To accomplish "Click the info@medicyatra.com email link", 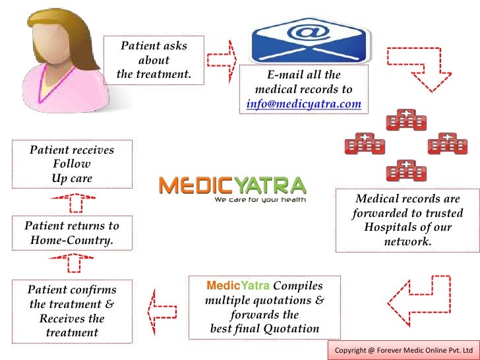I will [x=303, y=104].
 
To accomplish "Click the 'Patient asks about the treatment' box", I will [x=154, y=60].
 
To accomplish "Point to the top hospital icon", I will [x=406, y=121].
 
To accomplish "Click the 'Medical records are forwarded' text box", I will [x=407, y=221].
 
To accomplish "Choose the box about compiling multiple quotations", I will [x=264, y=307].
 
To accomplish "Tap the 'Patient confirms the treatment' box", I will [x=72, y=311].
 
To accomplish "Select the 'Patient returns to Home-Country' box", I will [x=72, y=233].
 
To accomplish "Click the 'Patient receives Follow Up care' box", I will [x=72, y=164].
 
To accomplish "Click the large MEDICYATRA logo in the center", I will [x=232, y=187].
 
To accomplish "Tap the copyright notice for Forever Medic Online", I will [x=404, y=349].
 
